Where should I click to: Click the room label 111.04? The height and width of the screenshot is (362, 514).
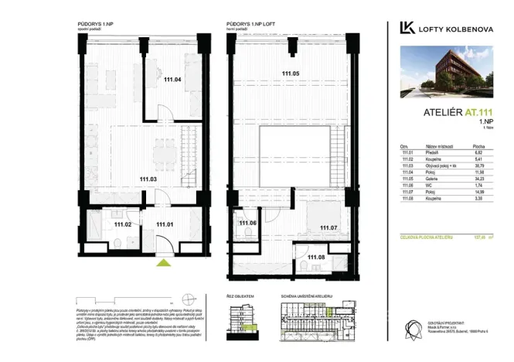tap(172, 79)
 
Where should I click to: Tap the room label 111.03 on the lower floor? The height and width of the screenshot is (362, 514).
tap(149, 179)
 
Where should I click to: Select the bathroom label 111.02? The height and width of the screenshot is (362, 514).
tap(124, 224)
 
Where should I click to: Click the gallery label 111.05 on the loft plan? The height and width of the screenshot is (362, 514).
tap(291, 73)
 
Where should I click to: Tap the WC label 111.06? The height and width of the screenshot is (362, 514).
tap(247, 224)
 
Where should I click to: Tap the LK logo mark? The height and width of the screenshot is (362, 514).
tap(407, 28)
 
